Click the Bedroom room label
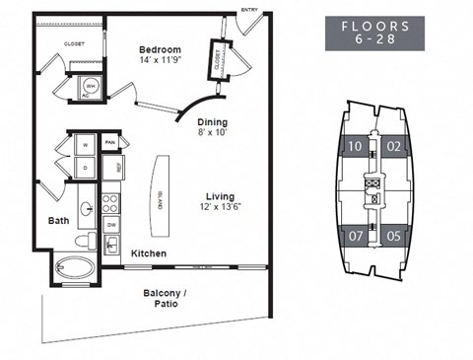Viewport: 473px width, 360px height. (160, 49)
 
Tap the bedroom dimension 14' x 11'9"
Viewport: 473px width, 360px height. (160, 60)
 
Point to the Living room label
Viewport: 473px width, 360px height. (220, 195)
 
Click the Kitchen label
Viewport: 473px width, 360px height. (149, 253)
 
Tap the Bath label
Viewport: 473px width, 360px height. (58, 221)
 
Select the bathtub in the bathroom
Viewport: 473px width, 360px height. (75, 267)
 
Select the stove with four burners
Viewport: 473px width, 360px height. (111, 204)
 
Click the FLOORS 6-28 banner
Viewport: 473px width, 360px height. (375, 34)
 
